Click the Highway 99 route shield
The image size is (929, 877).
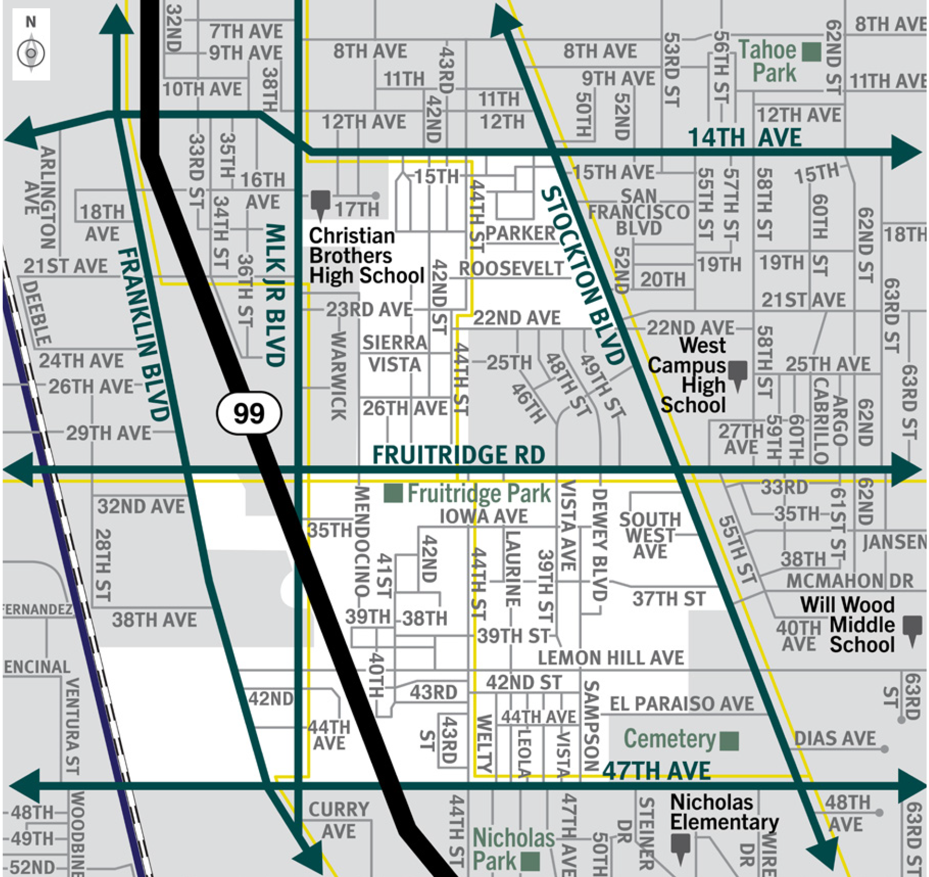[249, 413]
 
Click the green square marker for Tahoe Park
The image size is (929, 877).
[811, 52]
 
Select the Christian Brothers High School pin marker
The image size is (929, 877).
[320, 203]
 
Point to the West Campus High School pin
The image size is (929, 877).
[738, 374]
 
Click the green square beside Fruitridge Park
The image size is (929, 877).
[393, 493]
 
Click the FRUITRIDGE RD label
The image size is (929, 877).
[459, 455]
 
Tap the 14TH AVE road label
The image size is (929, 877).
[745, 137]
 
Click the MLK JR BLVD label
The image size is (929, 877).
[275, 294]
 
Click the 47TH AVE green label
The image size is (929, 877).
[656, 771]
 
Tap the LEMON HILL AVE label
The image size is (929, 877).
[611, 658]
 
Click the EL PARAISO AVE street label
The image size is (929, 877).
[681, 704]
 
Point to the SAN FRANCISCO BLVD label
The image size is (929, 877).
[639, 212]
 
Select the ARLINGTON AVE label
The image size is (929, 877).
[40, 196]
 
